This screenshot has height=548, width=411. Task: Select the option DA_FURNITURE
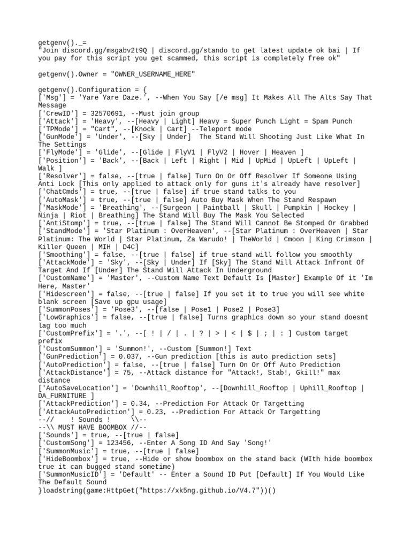point(62,396)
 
